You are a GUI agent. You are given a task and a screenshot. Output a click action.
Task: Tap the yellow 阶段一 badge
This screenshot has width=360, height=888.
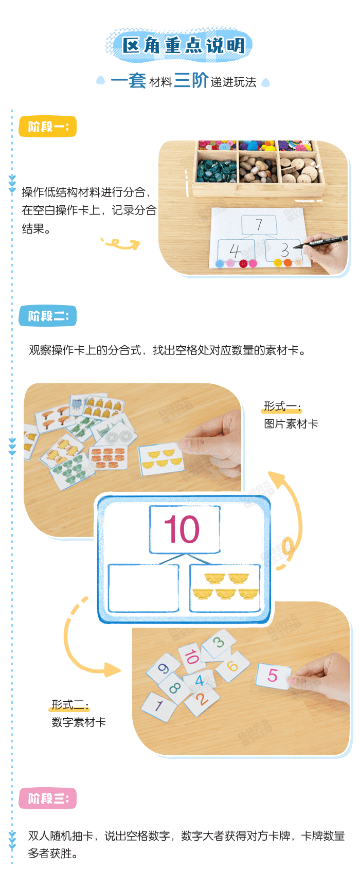47,127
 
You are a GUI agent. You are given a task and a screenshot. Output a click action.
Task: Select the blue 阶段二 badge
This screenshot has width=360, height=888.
47,316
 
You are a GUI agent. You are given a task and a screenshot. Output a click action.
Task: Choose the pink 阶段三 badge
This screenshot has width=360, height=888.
47,798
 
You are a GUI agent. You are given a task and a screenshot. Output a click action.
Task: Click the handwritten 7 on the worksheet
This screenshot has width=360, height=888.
259,225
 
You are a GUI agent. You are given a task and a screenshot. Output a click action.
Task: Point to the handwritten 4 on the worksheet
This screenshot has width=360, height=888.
235,251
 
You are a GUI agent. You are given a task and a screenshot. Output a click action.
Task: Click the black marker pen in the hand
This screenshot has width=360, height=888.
323,241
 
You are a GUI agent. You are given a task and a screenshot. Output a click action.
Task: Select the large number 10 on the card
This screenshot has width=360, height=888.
182,529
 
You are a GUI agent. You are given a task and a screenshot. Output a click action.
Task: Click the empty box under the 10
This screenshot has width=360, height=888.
143,588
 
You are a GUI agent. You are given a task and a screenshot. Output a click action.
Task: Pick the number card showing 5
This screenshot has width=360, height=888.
273,675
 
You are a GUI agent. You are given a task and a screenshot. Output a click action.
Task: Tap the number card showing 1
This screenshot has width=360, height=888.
158,705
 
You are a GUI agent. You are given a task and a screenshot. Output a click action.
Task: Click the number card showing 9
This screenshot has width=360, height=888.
164,668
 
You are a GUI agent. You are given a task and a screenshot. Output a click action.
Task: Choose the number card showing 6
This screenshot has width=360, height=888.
232,667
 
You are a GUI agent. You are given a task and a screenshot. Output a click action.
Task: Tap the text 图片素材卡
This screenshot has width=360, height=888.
291,423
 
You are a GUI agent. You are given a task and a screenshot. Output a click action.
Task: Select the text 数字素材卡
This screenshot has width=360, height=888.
79,722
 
